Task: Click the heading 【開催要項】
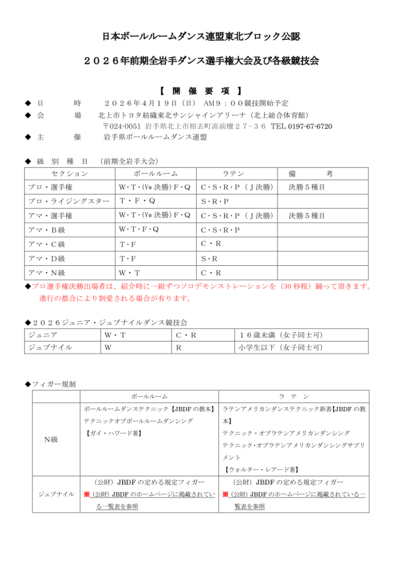[200, 90]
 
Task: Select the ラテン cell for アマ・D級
[209, 258]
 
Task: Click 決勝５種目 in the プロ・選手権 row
[307, 188]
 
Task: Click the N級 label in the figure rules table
[52, 439]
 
